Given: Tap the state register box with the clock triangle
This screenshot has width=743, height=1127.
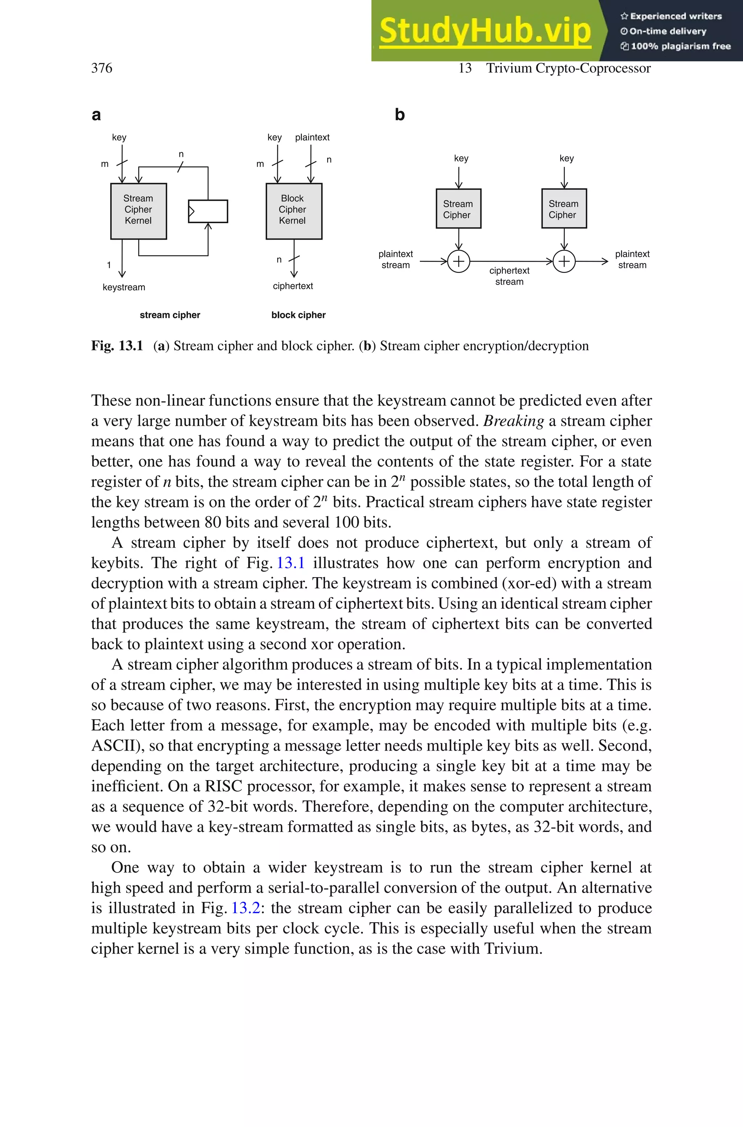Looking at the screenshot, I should [208, 211].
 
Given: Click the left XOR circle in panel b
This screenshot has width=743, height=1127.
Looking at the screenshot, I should [459, 261].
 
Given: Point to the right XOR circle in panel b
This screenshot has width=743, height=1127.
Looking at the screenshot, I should [564, 261].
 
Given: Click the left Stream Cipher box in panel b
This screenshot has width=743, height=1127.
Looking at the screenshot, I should [458, 209].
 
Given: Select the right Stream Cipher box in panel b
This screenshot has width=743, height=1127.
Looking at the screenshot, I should [564, 209].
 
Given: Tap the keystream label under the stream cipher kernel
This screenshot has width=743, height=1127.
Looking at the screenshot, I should [124, 287].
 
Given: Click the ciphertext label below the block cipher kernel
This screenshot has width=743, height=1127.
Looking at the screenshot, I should [293, 286].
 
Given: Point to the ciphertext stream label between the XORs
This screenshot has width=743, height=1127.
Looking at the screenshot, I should [509, 276].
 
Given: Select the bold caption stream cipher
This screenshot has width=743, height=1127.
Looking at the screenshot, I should [170, 315].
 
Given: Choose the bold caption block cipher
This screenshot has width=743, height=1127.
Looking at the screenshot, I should [298, 315].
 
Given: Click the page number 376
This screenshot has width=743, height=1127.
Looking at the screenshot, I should [102, 68].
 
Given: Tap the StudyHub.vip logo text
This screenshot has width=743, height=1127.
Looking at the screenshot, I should [485, 31].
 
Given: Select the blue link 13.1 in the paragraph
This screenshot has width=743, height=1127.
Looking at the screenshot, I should [291, 563].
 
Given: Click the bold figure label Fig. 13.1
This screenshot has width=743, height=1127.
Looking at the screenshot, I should [117, 346].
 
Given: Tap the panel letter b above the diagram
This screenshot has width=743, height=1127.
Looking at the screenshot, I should [399, 115].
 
